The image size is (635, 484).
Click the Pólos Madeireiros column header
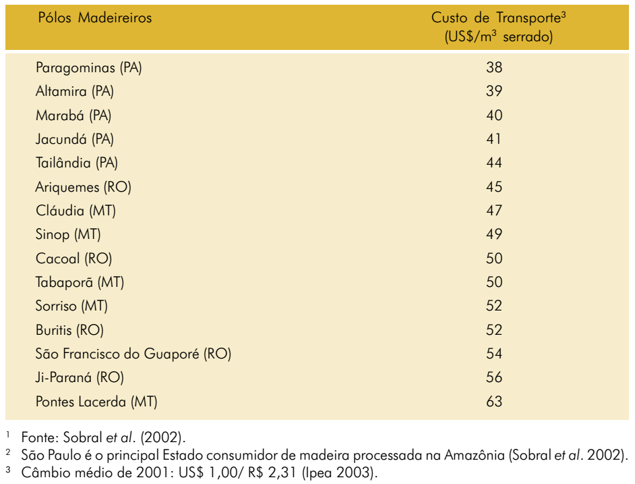[95, 18]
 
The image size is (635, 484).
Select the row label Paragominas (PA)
[89, 68]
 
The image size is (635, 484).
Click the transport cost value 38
[494, 68]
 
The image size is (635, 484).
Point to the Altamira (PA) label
[75, 91]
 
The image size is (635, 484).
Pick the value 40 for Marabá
[494, 115]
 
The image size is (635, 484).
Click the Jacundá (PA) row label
[75, 139]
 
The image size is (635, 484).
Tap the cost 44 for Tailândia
[494, 163]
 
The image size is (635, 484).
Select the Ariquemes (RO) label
[84, 187]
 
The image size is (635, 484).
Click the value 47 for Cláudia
[494, 211]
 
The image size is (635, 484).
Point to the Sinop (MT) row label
[68, 234]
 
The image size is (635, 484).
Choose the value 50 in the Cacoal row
[494, 259]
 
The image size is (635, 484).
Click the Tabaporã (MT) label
[80, 282]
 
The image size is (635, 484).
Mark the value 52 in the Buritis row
[494, 330]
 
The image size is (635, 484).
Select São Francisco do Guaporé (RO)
[133, 354]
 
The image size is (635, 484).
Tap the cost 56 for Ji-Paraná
[494, 377]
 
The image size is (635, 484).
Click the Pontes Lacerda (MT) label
[96, 402]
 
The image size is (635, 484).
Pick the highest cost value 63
[494, 401]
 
